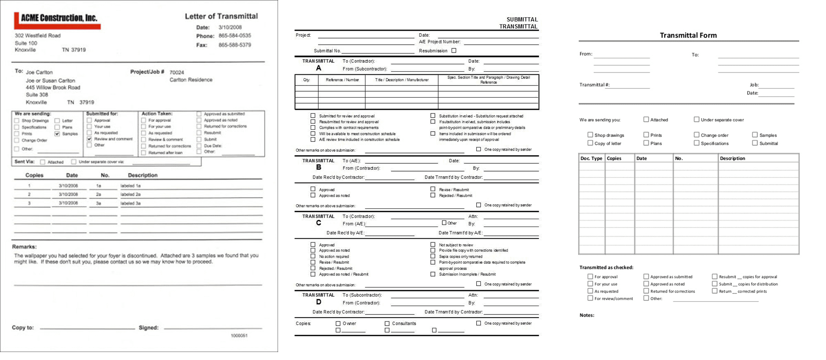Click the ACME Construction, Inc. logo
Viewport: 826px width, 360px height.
coord(57,20)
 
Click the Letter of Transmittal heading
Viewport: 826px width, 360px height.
coord(221,16)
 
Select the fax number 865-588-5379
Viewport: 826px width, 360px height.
coord(234,45)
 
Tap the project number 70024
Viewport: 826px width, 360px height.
coord(177,73)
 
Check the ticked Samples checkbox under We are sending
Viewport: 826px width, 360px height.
coord(57,134)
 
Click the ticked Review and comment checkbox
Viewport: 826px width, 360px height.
coord(89,139)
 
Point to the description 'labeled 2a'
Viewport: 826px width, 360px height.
coord(131,194)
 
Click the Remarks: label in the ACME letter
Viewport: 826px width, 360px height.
coord(24,247)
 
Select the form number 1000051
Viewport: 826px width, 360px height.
coord(239,335)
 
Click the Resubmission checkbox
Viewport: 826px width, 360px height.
coord(454,51)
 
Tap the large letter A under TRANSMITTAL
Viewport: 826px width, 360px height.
coord(319,68)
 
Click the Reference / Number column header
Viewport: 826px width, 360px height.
coord(342,80)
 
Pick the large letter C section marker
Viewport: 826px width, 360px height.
coord(319,223)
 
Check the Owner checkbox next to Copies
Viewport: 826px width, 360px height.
coord(338,323)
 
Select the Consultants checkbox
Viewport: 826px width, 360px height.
coord(387,323)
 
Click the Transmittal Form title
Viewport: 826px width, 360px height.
coord(688,35)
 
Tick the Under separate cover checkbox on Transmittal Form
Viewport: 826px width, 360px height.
coord(696,120)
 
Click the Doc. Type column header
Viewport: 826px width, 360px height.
coord(591,159)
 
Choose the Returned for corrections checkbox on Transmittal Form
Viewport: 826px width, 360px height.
coord(646,291)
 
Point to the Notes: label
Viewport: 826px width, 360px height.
coord(586,315)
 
